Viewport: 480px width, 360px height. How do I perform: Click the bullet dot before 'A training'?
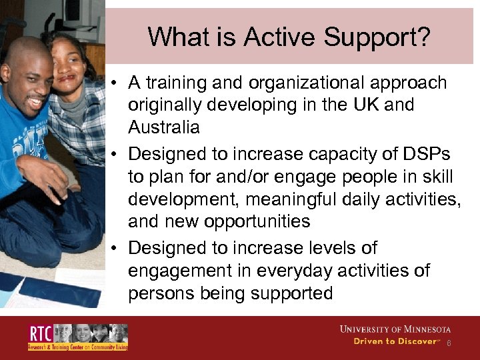[x=115, y=83]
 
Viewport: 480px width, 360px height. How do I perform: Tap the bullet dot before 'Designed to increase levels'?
[x=115, y=249]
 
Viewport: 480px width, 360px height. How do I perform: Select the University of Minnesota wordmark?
[x=395, y=329]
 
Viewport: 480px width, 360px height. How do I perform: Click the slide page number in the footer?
[x=449, y=343]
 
